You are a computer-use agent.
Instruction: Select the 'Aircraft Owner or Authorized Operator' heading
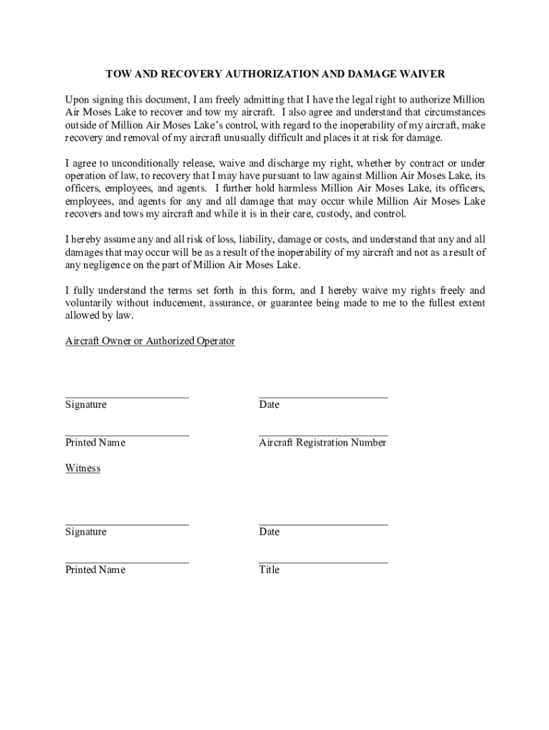[150, 341]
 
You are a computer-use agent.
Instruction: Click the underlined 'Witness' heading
[83, 468]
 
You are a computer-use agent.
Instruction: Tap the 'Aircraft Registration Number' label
[322, 443]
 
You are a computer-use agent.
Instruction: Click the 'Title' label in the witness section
[270, 570]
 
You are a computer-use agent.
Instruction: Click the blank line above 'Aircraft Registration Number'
[323, 434]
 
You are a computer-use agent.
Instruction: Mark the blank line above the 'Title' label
[323, 562]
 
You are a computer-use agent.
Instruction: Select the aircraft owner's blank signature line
[127, 396]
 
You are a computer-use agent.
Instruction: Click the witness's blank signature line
[127, 524]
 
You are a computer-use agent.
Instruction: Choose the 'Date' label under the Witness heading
[270, 532]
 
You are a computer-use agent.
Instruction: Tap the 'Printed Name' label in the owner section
[95, 443]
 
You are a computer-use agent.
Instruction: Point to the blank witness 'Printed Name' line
[127, 562]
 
